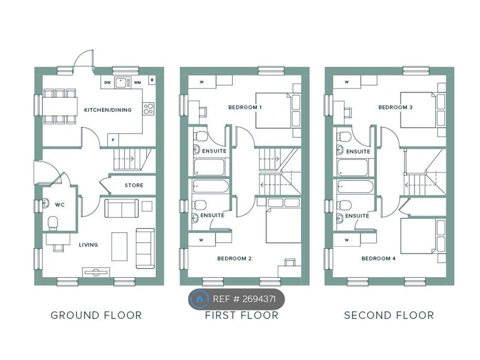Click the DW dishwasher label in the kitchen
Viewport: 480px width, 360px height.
[x=107, y=82]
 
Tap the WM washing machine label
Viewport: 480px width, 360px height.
[x=137, y=82]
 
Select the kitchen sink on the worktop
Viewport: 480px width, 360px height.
[x=122, y=82]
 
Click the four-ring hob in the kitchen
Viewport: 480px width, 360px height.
[x=148, y=108]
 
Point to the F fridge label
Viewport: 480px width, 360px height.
[x=113, y=140]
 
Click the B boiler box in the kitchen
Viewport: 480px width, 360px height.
[x=152, y=80]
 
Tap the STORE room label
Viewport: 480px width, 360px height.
[x=134, y=185]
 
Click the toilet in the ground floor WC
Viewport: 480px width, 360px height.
[x=53, y=223]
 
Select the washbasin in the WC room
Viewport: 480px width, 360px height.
[x=45, y=203]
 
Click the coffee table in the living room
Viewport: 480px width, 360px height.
[x=119, y=246]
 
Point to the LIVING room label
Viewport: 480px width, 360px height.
[x=88, y=244]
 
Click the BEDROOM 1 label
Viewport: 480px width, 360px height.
[x=245, y=107]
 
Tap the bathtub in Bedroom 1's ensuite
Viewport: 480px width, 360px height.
[x=209, y=167]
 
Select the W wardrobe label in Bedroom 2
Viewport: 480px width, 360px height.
[x=201, y=240]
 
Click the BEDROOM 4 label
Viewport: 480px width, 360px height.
[x=378, y=258]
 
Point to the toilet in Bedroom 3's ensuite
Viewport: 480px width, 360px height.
[x=345, y=136]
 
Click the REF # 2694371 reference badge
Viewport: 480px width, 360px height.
[x=236, y=299]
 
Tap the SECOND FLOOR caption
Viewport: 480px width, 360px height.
[x=389, y=315]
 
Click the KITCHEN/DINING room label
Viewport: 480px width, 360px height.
[x=108, y=110]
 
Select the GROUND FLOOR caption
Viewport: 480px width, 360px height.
[x=96, y=315]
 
